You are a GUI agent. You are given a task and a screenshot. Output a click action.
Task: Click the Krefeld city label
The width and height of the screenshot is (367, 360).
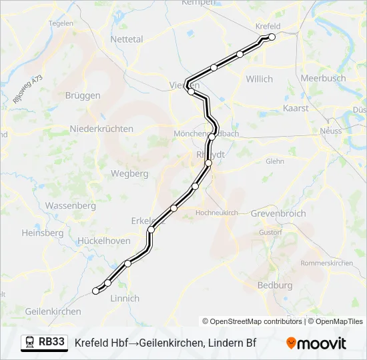point(268,26)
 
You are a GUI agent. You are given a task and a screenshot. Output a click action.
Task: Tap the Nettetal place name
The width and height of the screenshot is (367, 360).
point(127,39)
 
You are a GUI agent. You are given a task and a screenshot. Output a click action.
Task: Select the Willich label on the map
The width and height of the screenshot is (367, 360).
point(259,79)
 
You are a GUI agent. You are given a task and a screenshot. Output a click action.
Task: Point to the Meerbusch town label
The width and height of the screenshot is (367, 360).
point(323,78)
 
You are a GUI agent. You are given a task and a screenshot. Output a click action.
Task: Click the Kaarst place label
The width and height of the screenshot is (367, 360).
point(296,107)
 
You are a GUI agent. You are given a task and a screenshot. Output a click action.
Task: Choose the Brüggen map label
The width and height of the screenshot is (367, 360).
point(83,95)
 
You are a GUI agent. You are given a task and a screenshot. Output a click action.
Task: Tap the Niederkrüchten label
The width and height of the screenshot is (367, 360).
point(101,129)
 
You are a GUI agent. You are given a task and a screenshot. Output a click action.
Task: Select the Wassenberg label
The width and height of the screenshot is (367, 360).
point(71,205)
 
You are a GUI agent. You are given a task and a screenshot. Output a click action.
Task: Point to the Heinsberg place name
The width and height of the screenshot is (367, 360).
point(42,233)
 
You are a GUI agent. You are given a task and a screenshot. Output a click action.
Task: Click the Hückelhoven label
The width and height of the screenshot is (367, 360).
point(104,241)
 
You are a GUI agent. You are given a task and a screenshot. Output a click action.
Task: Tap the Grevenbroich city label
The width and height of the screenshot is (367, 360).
point(278,213)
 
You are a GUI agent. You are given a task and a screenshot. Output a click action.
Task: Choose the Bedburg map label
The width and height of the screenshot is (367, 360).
point(275,285)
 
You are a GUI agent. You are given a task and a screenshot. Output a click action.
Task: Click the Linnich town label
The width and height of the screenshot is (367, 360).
point(124,298)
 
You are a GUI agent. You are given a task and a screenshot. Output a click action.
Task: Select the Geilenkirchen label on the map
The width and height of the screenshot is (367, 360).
point(53,311)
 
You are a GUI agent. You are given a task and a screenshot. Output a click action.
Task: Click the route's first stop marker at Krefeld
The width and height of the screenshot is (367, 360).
point(272,37)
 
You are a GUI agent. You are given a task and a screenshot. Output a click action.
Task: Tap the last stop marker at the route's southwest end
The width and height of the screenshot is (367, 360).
point(96,291)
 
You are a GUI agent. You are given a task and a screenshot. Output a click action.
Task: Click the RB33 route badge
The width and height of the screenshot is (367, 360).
point(45,342)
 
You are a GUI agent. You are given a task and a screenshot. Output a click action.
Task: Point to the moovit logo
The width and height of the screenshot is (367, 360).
point(316,343)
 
